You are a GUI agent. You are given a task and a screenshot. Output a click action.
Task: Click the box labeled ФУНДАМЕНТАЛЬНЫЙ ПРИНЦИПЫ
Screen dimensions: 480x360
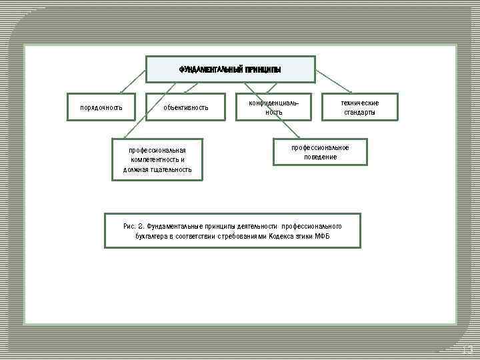point(231,69)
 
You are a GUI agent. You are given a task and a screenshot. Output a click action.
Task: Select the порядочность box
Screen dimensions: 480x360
point(101,107)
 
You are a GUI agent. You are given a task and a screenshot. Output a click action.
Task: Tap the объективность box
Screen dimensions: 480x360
point(186,107)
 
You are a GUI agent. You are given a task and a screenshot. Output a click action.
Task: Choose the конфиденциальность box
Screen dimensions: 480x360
point(274,107)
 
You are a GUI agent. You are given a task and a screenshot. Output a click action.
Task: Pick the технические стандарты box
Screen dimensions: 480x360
point(360,107)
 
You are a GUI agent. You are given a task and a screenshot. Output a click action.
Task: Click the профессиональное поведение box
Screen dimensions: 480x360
point(321,152)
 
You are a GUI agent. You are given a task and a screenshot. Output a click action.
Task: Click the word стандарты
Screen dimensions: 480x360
point(360,113)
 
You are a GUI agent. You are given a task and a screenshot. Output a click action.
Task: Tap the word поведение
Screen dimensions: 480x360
point(321,157)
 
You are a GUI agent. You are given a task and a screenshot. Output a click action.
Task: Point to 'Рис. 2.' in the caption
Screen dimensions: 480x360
point(133,226)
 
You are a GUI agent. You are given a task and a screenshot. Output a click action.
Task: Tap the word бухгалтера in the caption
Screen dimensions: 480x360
point(151,237)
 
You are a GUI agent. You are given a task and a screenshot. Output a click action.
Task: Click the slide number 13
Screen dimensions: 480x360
point(467,350)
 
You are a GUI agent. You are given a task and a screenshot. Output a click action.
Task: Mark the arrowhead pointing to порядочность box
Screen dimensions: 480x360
point(122,91)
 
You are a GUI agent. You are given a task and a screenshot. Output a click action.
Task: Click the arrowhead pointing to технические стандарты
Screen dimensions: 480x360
point(351,91)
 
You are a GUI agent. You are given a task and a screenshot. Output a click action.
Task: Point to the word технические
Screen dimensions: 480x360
point(360,103)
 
